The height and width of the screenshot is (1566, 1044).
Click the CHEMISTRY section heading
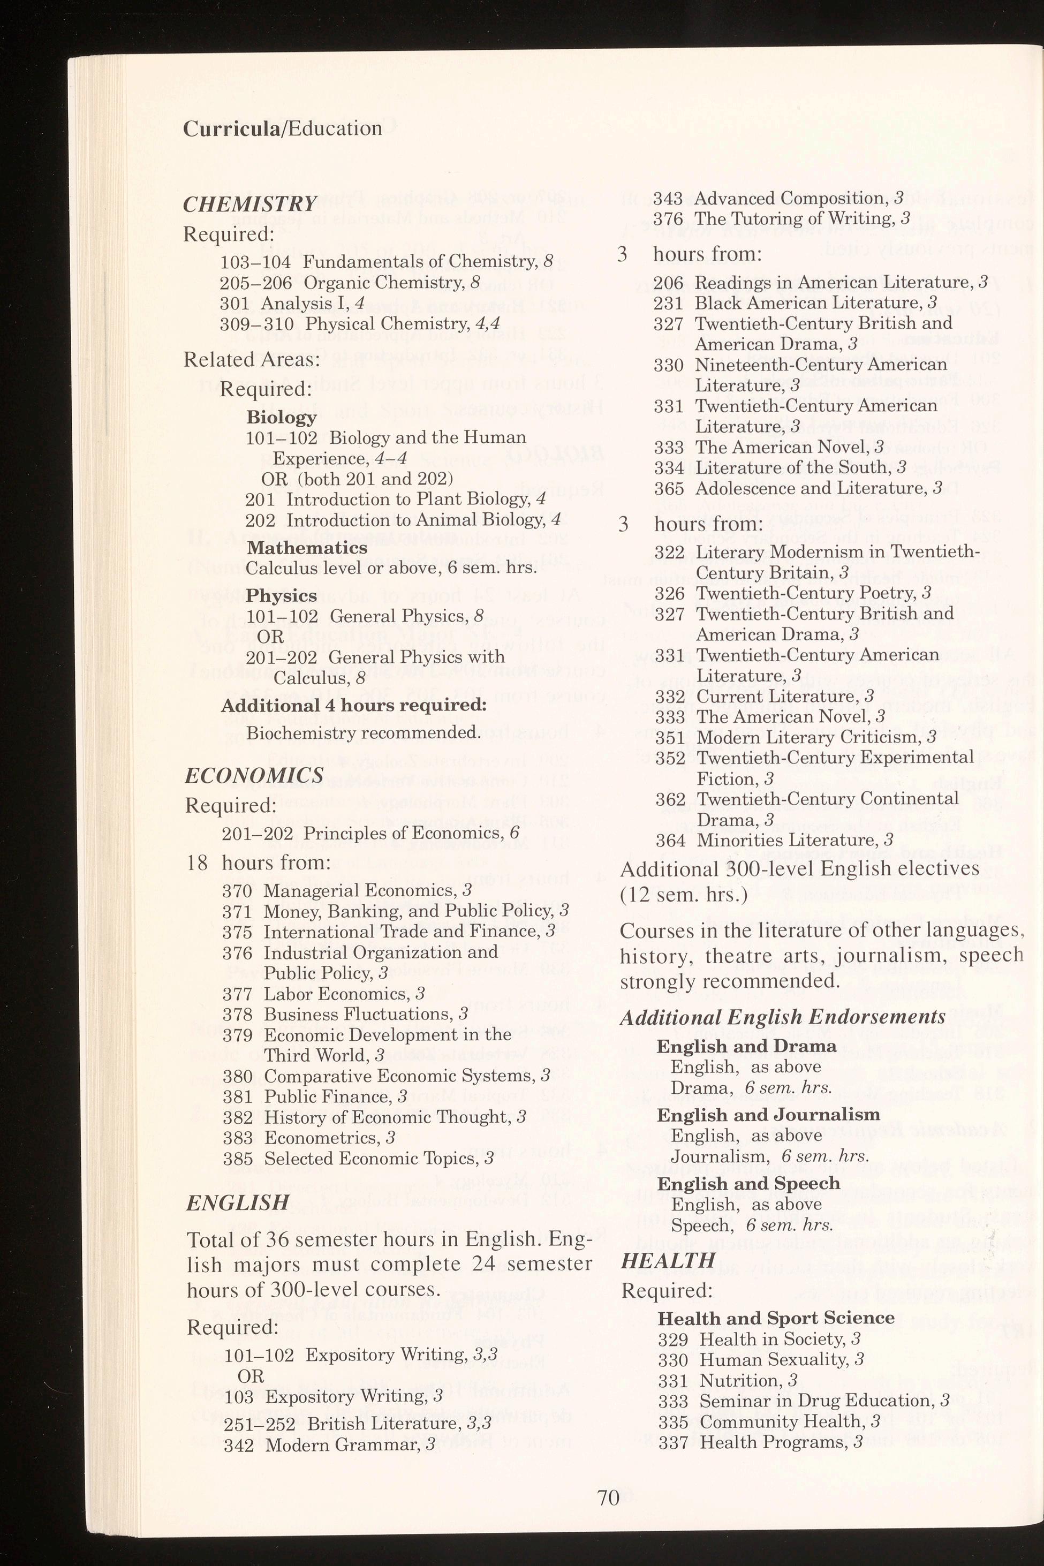point(249,205)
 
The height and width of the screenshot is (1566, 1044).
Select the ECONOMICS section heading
point(254,776)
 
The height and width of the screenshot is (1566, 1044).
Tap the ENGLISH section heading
point(238,1203)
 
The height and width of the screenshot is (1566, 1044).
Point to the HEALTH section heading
point(668,1260)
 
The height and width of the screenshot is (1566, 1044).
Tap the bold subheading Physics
point(281,595)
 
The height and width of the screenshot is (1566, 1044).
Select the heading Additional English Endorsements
point(782,1017)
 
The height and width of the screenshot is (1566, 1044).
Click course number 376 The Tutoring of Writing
point(667,219)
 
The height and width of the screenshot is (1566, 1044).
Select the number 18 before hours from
point(198,863)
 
